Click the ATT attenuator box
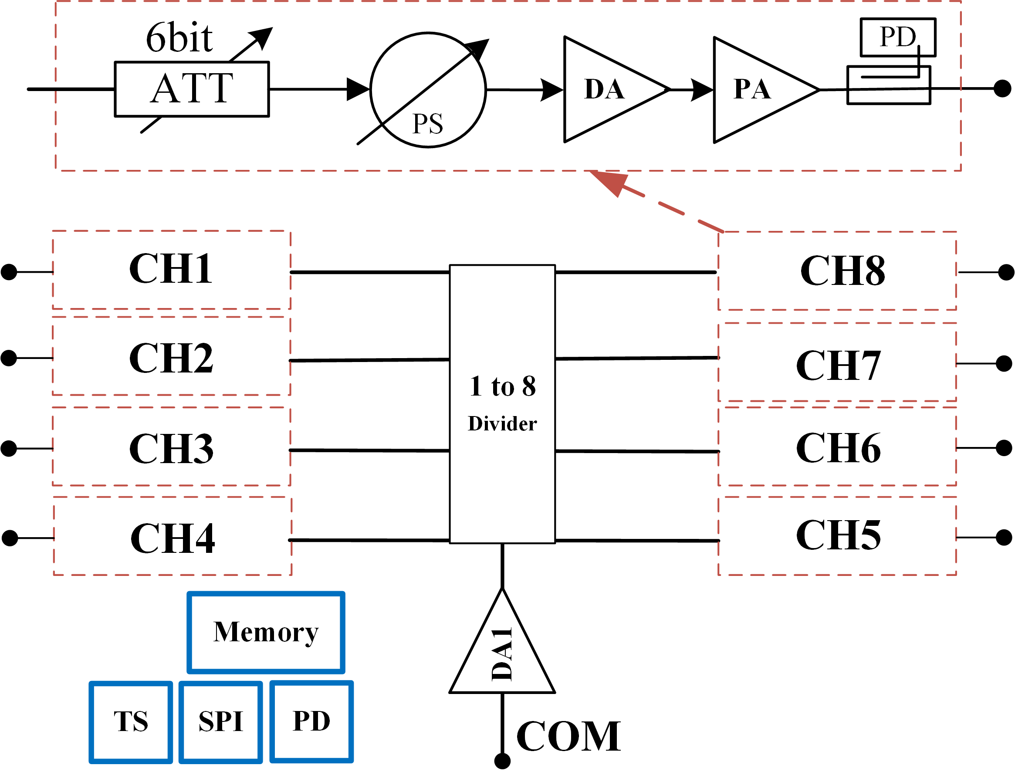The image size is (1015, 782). pos(192,89)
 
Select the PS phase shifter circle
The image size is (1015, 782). pos(428,90)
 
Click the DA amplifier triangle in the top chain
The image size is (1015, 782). pos(605,89)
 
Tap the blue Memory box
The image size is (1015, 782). pos(266,633)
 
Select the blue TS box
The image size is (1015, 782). pos(131,721)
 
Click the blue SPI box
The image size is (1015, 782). pos(221,721)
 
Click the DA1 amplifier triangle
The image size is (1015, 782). pos(502,655)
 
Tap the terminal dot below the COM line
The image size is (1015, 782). pos(502,761)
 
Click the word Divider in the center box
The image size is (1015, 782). pos(502,424)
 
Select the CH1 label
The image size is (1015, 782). pos(171,269)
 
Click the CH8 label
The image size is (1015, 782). pos(842,271)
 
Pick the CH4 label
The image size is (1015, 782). pos(173,538)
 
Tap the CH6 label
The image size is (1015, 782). pos(839,448)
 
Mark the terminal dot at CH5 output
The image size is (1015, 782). pos(1004,538)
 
